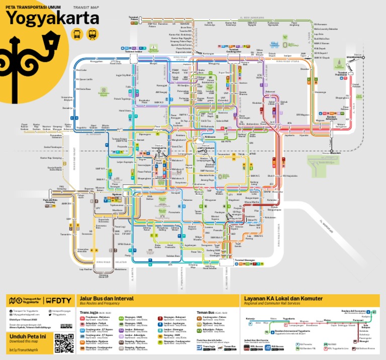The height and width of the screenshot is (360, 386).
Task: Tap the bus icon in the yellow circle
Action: tap(77, 34)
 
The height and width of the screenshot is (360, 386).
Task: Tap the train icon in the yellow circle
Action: tap(92, 34)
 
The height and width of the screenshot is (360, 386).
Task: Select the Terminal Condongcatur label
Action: tap(234, 50)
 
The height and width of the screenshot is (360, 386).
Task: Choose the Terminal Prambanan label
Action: tap(342, 74)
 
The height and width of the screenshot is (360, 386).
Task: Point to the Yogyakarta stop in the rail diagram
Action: tap(289, 321)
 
